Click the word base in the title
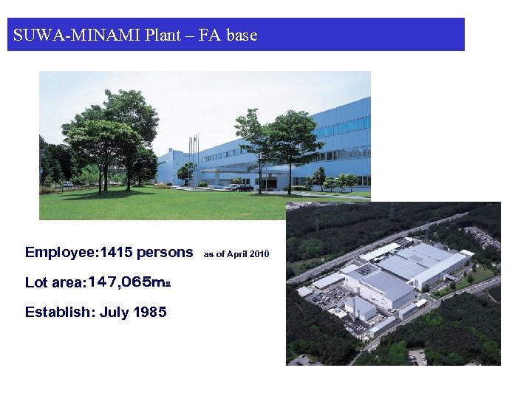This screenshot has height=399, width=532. (242, 35)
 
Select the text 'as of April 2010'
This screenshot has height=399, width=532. (236, 254)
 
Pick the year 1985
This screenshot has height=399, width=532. (150, 312)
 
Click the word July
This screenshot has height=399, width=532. (114, 312)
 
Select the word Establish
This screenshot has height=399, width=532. (58, 312)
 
